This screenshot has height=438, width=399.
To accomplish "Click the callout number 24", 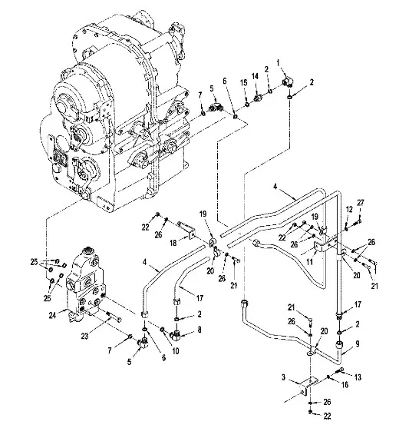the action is [52, 315].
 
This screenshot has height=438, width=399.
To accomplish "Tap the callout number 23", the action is [84, 336].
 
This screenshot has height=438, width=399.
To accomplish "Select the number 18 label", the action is [173, 243].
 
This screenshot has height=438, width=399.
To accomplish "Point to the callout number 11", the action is [309, 262].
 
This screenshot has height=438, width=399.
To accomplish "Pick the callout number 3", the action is [283, 377].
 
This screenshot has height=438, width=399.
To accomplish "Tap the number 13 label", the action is [358, 377].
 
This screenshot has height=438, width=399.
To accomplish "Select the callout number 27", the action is [361, 203].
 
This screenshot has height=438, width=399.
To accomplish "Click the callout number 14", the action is [255, 76].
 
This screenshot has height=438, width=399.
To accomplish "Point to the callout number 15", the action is [243, 83].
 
